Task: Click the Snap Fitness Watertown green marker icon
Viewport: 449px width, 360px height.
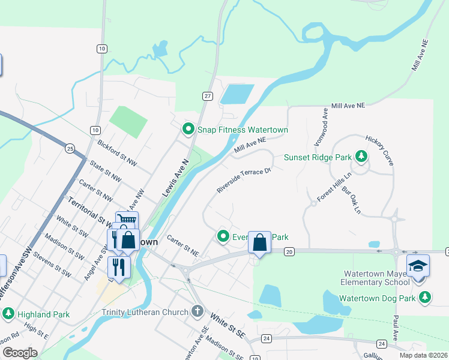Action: click(188, 129)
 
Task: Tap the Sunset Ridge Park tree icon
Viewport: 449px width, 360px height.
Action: click(361, 157)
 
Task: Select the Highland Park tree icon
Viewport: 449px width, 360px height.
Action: click(8, 314)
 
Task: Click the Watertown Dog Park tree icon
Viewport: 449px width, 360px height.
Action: click(425, 297)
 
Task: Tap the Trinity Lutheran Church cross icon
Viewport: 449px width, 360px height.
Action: click(197, 311)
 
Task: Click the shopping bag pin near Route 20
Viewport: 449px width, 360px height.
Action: click(259, 243)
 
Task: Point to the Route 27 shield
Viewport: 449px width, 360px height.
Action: click(208, 96)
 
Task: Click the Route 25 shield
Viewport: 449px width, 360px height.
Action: click(70, 148)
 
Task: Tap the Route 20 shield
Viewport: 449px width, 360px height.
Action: click(289, 252)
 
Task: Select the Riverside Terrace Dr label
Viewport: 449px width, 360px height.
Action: click(244, 181)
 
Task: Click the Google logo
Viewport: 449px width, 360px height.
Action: click(20, 353)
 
